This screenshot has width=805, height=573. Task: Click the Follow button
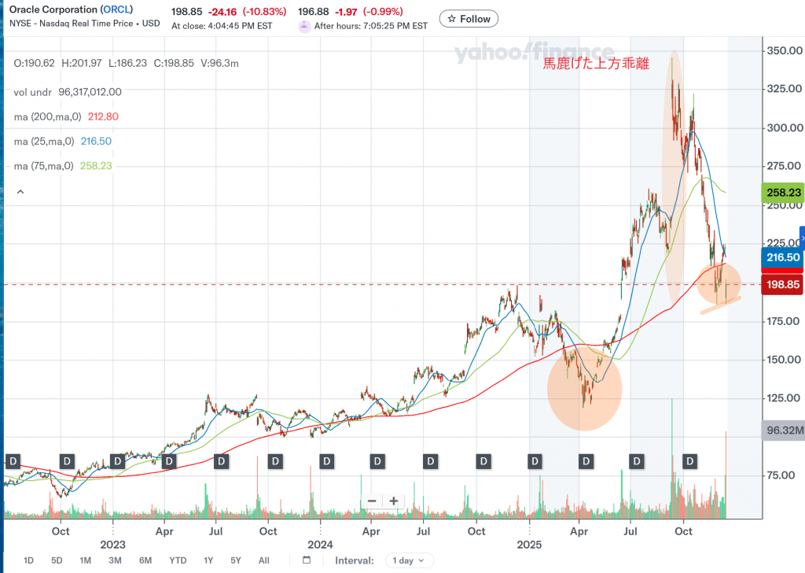coord(468,19)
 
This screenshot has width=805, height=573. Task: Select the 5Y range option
coord(236,560)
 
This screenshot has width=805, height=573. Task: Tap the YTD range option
coord(178,560)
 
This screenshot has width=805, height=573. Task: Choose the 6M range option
coord(145,560)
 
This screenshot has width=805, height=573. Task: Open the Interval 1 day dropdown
coord(409,560)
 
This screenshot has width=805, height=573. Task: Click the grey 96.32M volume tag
coord(784,431)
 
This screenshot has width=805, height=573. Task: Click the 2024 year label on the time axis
coord(320,545)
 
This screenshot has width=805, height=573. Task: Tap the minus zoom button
coord(372,501)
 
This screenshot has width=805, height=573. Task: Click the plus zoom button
coord(394,501)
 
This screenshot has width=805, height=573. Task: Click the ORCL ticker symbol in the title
coord(116,9)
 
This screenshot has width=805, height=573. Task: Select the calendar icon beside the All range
coord(307,560)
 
